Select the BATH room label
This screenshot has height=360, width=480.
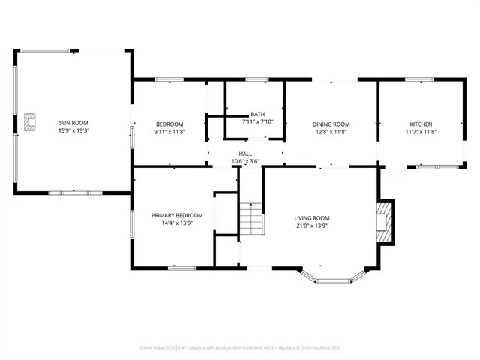pos(257,115)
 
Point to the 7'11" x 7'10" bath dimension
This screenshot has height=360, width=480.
pos(257,122)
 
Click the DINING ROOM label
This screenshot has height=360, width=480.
pos(331,124)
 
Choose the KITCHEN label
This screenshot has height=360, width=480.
pos(420,124)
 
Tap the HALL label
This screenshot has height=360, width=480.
pos(245,153)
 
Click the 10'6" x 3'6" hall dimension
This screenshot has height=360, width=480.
pos(245,160)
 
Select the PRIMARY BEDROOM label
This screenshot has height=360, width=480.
pos(177,215)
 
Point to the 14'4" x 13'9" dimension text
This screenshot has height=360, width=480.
pos(177,223)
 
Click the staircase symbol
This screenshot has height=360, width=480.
pos(251,220)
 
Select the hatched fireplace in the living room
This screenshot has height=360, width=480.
pos(385,221)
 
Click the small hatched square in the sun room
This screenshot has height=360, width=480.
pos(30,121)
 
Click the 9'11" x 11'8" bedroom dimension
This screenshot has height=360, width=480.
pos(169,132)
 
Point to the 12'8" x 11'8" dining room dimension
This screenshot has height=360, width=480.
pos(331,132)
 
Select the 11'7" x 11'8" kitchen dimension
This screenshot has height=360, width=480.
pos(420,132)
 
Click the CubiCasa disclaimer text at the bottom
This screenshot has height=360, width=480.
pos(240,348)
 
